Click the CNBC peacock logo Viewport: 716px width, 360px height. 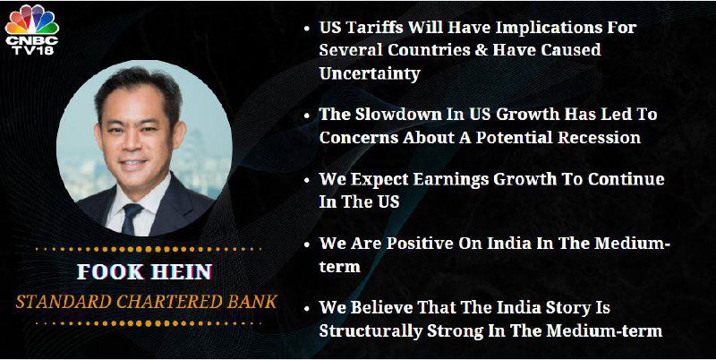coord(32,21)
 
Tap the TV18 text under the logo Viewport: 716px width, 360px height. coord(32,51)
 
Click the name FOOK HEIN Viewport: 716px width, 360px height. coord(144,272)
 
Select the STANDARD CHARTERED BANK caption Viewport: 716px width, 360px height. coord(147,302)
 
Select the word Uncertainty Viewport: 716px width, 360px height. coord(370,73)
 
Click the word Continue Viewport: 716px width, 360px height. coord(626,178)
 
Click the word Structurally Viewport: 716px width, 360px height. coord(371,331)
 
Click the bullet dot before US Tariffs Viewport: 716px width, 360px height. coord(307,29)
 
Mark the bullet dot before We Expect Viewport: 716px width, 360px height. coord(307,179)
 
